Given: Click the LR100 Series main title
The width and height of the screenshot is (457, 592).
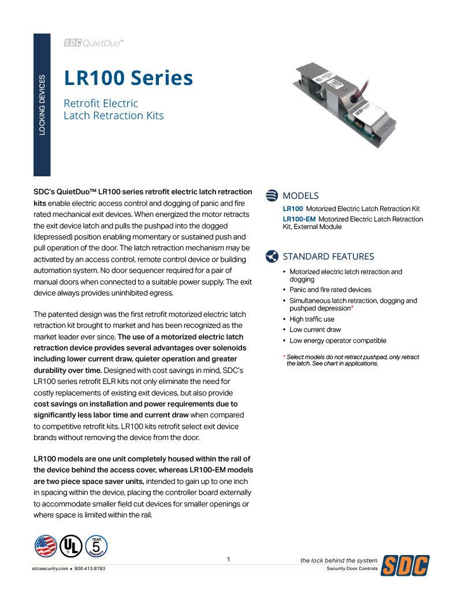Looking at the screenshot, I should tap(128, 77).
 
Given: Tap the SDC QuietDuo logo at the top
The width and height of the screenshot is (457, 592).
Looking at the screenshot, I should tap(94, 43).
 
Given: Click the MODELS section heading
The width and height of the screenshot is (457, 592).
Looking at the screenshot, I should tap(300, 196).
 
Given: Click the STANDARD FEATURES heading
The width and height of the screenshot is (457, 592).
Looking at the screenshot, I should tap(328, 256).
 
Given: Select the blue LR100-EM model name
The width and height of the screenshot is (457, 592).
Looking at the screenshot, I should tap(299, 219).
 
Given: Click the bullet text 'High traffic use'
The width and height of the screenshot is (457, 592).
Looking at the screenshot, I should tap(311, 319).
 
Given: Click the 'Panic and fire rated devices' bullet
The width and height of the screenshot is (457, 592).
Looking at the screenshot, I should tap(330, 290).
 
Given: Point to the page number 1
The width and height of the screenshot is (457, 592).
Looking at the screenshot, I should tap(229, 559).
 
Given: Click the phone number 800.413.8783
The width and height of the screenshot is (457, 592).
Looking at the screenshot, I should tap(90, 569).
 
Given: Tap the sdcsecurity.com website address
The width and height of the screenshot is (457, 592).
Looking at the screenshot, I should tap(50, 569).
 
